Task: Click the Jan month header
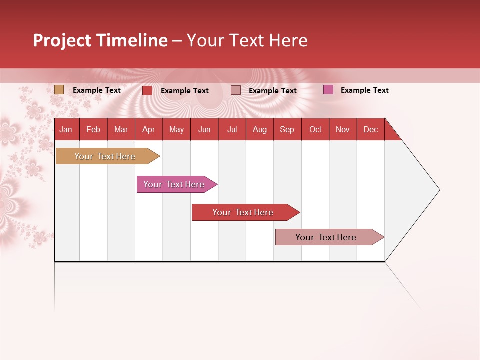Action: (66, 129)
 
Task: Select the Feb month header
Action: (93, 129)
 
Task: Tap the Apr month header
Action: (148, 129)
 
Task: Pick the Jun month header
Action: (204, 129)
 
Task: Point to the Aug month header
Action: (259, 129)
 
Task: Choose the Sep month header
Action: (287, 129)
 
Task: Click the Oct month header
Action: (315, 129)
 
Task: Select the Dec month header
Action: (370, 129)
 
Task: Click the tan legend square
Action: (59, 90)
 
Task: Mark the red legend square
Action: (147, 90)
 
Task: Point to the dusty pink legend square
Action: (236, 90)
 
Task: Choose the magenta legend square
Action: (328, 90)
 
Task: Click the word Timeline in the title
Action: (132, 40)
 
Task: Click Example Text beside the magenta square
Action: (364, 90)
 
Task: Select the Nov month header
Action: (343, 129)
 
